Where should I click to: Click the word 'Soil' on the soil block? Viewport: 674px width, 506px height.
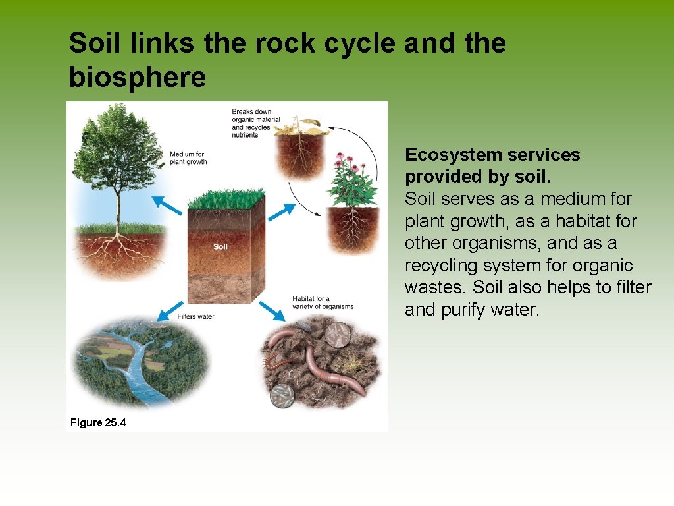point(220,247)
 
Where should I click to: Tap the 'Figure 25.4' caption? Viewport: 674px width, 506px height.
point(97,422)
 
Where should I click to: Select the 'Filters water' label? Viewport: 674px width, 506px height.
point(195,316)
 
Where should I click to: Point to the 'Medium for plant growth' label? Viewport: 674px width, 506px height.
point(188,158)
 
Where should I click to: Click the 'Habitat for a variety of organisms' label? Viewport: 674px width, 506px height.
point(323,302)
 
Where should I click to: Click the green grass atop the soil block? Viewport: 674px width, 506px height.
point(226,198)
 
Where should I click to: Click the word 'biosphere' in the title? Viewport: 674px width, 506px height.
point(137,78)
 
